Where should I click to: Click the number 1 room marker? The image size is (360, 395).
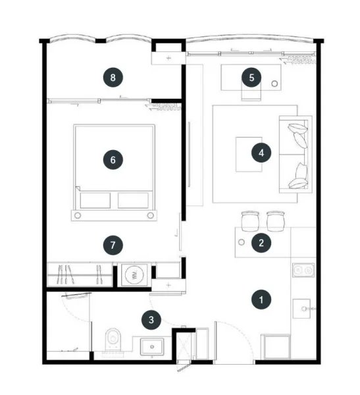coord(261,300)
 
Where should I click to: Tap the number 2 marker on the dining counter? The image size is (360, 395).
coord(261,242)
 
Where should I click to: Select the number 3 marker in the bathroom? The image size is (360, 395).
coord(152,320)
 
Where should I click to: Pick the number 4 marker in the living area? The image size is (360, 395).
coord(261,153)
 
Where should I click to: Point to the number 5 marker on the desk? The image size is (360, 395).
coord(252,77)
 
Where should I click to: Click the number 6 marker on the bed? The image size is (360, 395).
coord(113,159)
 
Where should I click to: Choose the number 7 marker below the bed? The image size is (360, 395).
coord(113,245)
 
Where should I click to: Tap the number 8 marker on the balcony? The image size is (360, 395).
coord(113,77)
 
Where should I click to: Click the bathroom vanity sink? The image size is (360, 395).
coord(153,345)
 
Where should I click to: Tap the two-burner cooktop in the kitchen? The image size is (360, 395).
coord(303,270)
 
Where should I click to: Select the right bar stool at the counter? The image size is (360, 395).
coord(274,219)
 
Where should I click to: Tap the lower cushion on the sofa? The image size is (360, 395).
coord(299,174)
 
